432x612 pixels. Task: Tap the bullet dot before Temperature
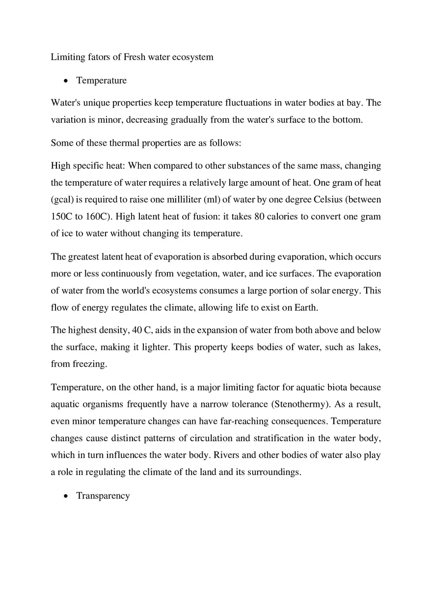tap(65, 81)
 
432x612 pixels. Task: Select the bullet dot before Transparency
tap(65, 496)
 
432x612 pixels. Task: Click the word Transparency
tap(103, 496)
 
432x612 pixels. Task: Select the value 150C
tap(61, 216)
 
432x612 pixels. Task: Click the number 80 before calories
tap(260, 216)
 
